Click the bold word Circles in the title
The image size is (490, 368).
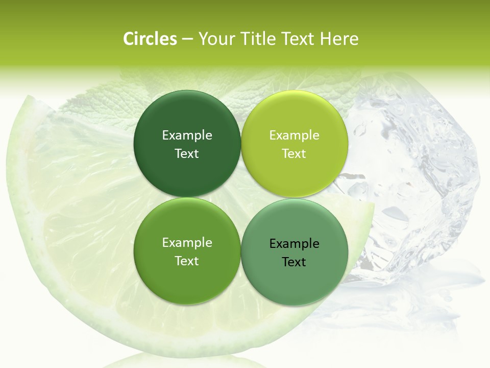point(150,39)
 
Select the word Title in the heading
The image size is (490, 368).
point(258,39)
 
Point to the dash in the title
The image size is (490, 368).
point(187,39)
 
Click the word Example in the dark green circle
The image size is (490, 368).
point(187,135)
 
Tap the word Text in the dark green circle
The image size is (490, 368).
point(187,153)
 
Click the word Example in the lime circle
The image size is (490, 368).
point(294,135)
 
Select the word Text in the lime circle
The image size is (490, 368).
point(294,153)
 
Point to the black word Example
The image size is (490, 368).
point(294,243)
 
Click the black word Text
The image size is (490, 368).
point(294,262)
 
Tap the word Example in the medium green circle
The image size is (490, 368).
point(187,242)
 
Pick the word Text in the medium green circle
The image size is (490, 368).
point(187,261)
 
